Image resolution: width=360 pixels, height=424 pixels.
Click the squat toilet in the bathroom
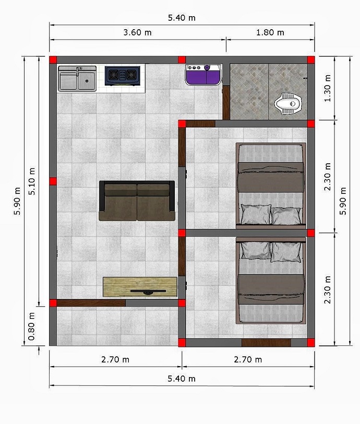pyautogui.click(x=289, y=104)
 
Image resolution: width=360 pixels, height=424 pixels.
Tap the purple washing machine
pyautogui.click(x=203, y=75)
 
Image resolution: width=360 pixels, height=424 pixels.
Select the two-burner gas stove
pyautogui.click(x=123, y=76)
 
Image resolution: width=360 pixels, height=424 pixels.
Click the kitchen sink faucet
pyautogui.click(x=78, y=71)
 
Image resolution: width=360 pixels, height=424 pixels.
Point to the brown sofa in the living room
pyautogui.click(x=137, y=201)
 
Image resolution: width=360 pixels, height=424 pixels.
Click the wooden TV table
pyautogui.click(x=140, y=287)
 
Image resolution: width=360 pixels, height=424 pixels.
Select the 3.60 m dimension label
pyautogui.click(x=137, y=33)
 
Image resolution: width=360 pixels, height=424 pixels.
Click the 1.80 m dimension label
pyautogui.click(x=270, y=33)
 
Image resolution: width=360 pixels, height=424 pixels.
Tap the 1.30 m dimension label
pyautogui.click(x=327, y=88)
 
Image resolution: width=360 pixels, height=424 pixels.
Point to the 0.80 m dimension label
pyautogui.click(x=31, y=326)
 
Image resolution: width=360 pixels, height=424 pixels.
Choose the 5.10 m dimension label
pyautogui.click(x=32, y=181)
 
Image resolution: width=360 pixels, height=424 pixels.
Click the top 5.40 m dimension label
pyautogui.click(x=182, y=18)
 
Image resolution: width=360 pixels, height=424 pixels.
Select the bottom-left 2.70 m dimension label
pyautogui.click(x=115, y=360)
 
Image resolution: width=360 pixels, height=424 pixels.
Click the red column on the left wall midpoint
pyautogui.click(x=53, y=181)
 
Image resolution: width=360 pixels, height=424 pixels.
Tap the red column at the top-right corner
pyautogui.click(x=311, y=60)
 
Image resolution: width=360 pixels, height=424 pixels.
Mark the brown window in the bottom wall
pyautogui.click(x=266, y=343)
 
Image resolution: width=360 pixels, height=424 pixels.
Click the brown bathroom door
pyautogui.click(x=226, y=103)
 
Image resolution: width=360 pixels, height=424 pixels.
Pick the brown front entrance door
pyautogui.click(x=91, y=303)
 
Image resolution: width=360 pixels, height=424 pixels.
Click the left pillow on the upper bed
pyautogui.click(x=256, y=214)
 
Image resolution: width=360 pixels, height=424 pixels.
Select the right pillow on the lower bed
pyautogui.click(x=286, y=252)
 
